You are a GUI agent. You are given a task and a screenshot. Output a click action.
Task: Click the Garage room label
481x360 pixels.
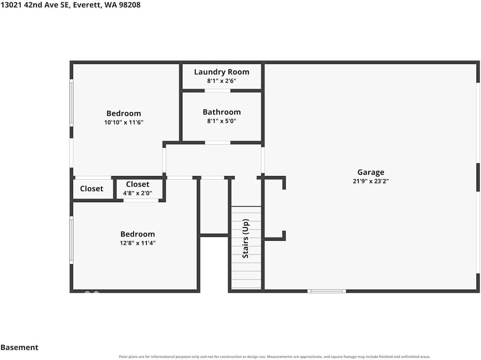(370, 172)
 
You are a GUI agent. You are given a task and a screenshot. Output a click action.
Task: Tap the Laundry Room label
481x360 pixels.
(221, 72)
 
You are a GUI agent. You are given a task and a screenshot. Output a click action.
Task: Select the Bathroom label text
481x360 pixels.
(221, 112)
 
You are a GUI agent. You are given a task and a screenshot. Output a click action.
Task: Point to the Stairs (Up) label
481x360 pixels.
(246, 238)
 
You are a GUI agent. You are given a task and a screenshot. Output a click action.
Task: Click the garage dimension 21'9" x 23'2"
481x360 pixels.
(370, 181)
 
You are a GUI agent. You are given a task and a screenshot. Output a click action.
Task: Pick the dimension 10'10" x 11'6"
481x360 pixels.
(124, 122)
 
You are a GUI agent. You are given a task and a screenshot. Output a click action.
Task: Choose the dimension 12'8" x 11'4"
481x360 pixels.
(138, 243)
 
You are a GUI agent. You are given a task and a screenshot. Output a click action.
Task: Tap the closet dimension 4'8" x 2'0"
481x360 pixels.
(138, 193)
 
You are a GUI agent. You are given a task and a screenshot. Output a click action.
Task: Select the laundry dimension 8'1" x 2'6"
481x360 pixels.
(221, 81)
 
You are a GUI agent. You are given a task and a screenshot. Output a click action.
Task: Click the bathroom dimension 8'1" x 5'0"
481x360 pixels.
(221, 121)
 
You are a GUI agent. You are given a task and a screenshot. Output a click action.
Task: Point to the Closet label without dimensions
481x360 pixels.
(92, 189)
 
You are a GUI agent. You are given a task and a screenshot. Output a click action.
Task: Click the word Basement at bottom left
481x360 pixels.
(19, 348)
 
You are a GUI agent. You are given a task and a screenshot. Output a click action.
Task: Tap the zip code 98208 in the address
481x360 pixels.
(130, 5)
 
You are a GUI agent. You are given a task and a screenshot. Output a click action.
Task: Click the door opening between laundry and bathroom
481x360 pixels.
(217, 91)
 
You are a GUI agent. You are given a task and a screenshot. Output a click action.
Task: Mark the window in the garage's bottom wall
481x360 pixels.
(327, 291)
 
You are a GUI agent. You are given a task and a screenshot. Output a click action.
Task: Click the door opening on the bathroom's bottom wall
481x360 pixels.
(218, 143)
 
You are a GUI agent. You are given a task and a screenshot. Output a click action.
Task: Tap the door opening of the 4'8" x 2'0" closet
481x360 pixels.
(141, 201)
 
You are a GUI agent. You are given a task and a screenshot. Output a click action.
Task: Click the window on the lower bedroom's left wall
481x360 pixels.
(72, 240)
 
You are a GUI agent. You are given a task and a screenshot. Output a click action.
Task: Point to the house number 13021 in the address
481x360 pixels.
(11, 5)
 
